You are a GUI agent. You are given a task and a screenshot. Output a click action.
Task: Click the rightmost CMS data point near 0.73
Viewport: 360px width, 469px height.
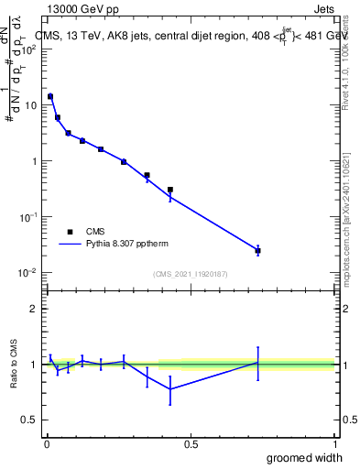[x=258, y=250]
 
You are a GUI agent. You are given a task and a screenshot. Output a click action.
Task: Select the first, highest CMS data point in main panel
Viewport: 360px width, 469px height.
[x=50, y=96]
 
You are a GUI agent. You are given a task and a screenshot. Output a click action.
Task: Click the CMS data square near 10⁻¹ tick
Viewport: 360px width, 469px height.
[x=170, y=190]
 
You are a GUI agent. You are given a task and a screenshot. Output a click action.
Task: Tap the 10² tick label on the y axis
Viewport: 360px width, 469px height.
[x=29, y=49]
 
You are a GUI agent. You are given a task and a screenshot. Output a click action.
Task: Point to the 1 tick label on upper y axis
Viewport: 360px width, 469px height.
[x=35, y=161]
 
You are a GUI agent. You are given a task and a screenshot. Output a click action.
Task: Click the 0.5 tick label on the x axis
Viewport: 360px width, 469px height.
[x=191, y=444]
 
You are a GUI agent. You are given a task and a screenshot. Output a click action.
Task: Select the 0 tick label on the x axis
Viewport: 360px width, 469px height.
[x=46, y=444]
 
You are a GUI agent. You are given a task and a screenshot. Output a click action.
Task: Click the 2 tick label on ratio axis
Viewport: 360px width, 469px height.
[x=35, y=309]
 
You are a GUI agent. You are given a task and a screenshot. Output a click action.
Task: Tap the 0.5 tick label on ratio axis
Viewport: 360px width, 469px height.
[x=31, y=420]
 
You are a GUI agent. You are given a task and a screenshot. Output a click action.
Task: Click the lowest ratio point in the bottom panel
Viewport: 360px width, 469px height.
[x=170, y=389]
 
